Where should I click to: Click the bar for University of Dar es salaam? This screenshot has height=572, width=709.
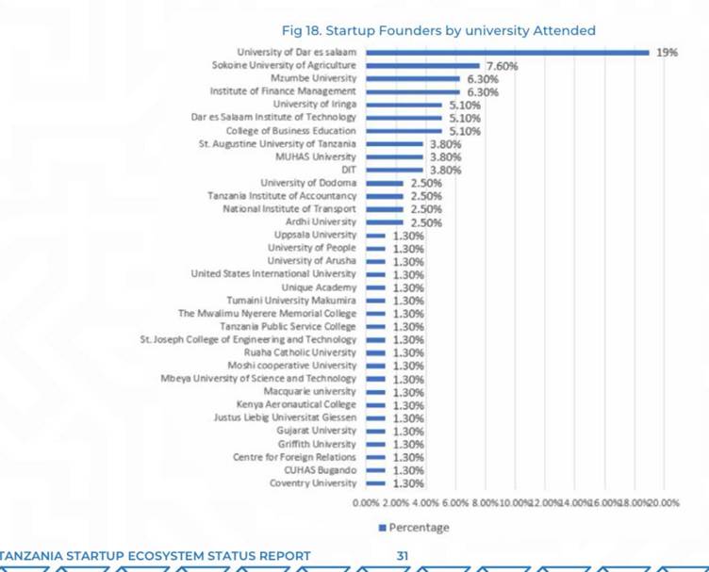click(507, 52)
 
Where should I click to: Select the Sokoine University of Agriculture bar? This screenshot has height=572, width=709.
click(422, 65)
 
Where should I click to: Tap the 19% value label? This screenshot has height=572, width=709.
click(667, 53)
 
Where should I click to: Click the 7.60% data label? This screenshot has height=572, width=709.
click(503, 66)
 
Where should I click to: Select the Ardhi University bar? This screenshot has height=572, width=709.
click(384, 221)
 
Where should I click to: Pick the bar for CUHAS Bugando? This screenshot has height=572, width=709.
click(375, 470)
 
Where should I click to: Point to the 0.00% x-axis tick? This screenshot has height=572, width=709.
click(365, 503)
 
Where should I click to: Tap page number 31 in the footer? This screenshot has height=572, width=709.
click(402, 556)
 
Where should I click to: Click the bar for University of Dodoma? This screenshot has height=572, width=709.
click(384, 183)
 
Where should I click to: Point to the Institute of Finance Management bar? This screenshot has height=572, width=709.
click(412, 91)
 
